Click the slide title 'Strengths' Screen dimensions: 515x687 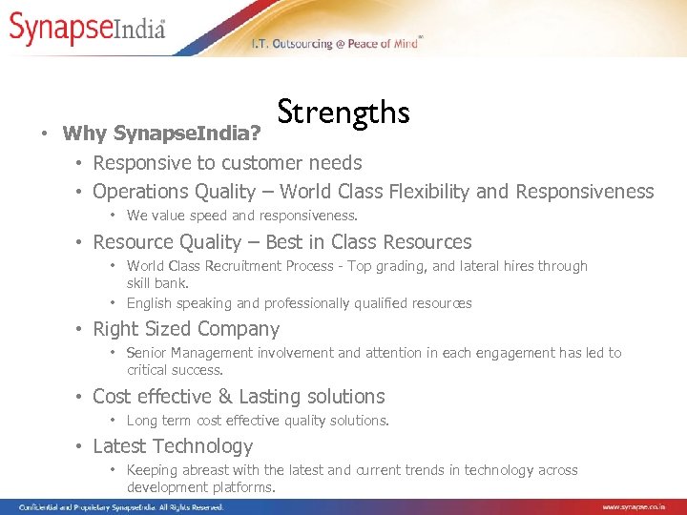pyautogui.click(x=343, y=113)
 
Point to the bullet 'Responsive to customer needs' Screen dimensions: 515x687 pyautogui.click(x=227, y=163)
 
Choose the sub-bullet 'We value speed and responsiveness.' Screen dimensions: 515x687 pyautogui.click(x=242, y=216)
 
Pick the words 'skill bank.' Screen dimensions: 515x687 pyautogui.click(x=157, y=283)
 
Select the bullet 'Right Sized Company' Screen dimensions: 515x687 pyautogui.click(x=186, y=329)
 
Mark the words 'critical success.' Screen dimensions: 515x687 pyautogui.click(x=175, y=370)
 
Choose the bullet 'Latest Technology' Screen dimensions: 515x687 pyautogui.click(x=173, y=446)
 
